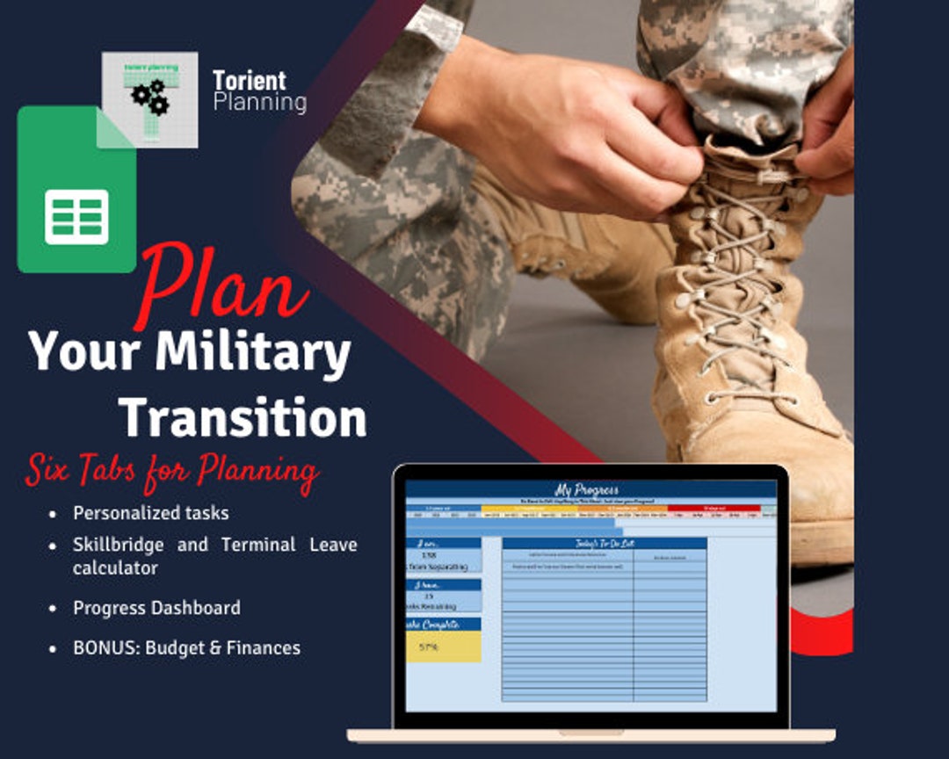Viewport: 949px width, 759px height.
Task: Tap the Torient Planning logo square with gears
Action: click(x=149, y=98)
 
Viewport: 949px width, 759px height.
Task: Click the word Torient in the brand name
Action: click(x=249, y=81)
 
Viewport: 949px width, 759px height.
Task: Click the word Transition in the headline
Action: click(x=243, y=417)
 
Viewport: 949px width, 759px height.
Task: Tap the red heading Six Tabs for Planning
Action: click(x=171, y=472)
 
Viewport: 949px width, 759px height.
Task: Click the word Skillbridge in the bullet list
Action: click(x=117, y=545)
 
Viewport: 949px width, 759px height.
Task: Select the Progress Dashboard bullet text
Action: click(x=156, y=608)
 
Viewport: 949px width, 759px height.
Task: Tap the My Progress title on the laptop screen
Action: click(x=586, y=489)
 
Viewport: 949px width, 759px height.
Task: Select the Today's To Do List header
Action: click(x=604, y=543)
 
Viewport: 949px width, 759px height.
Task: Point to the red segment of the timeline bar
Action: click(x=713, y=508)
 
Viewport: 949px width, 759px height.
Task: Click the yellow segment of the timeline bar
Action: click(x=527, y=508)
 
